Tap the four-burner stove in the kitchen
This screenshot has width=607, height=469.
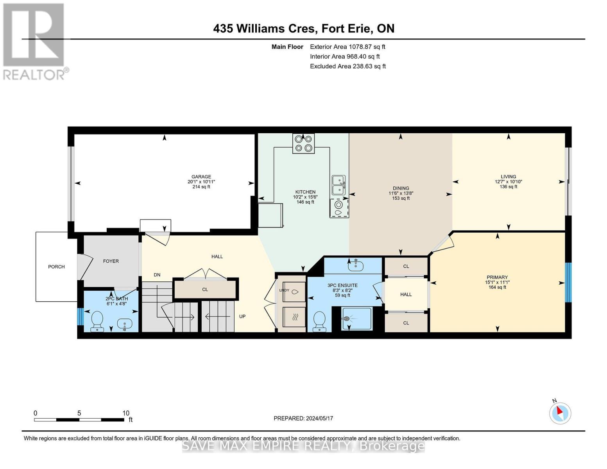coord(303,143)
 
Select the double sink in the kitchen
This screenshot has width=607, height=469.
coord(338,185)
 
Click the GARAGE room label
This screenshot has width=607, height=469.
coord(201,177)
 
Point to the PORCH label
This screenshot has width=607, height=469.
coord(56,267)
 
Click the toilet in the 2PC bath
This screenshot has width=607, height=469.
coord(97,322)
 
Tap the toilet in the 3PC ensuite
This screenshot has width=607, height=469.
coord(319,322)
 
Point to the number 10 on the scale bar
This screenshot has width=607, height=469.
coord(126,413)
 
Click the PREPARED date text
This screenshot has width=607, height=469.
coord(303,418)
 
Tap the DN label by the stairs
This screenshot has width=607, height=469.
coord(157,275)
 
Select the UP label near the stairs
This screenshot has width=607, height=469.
coord(242,317)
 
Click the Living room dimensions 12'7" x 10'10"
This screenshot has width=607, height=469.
coord(509,182)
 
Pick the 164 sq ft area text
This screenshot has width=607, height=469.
coord(497,287)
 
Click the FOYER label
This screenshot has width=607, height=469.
coord(111,261)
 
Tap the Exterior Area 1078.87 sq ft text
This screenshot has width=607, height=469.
coord(347,47)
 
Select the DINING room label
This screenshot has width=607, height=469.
coord(401,188)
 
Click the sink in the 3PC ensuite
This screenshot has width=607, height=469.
coord(356,265)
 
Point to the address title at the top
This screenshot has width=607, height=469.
coord(304,29)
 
